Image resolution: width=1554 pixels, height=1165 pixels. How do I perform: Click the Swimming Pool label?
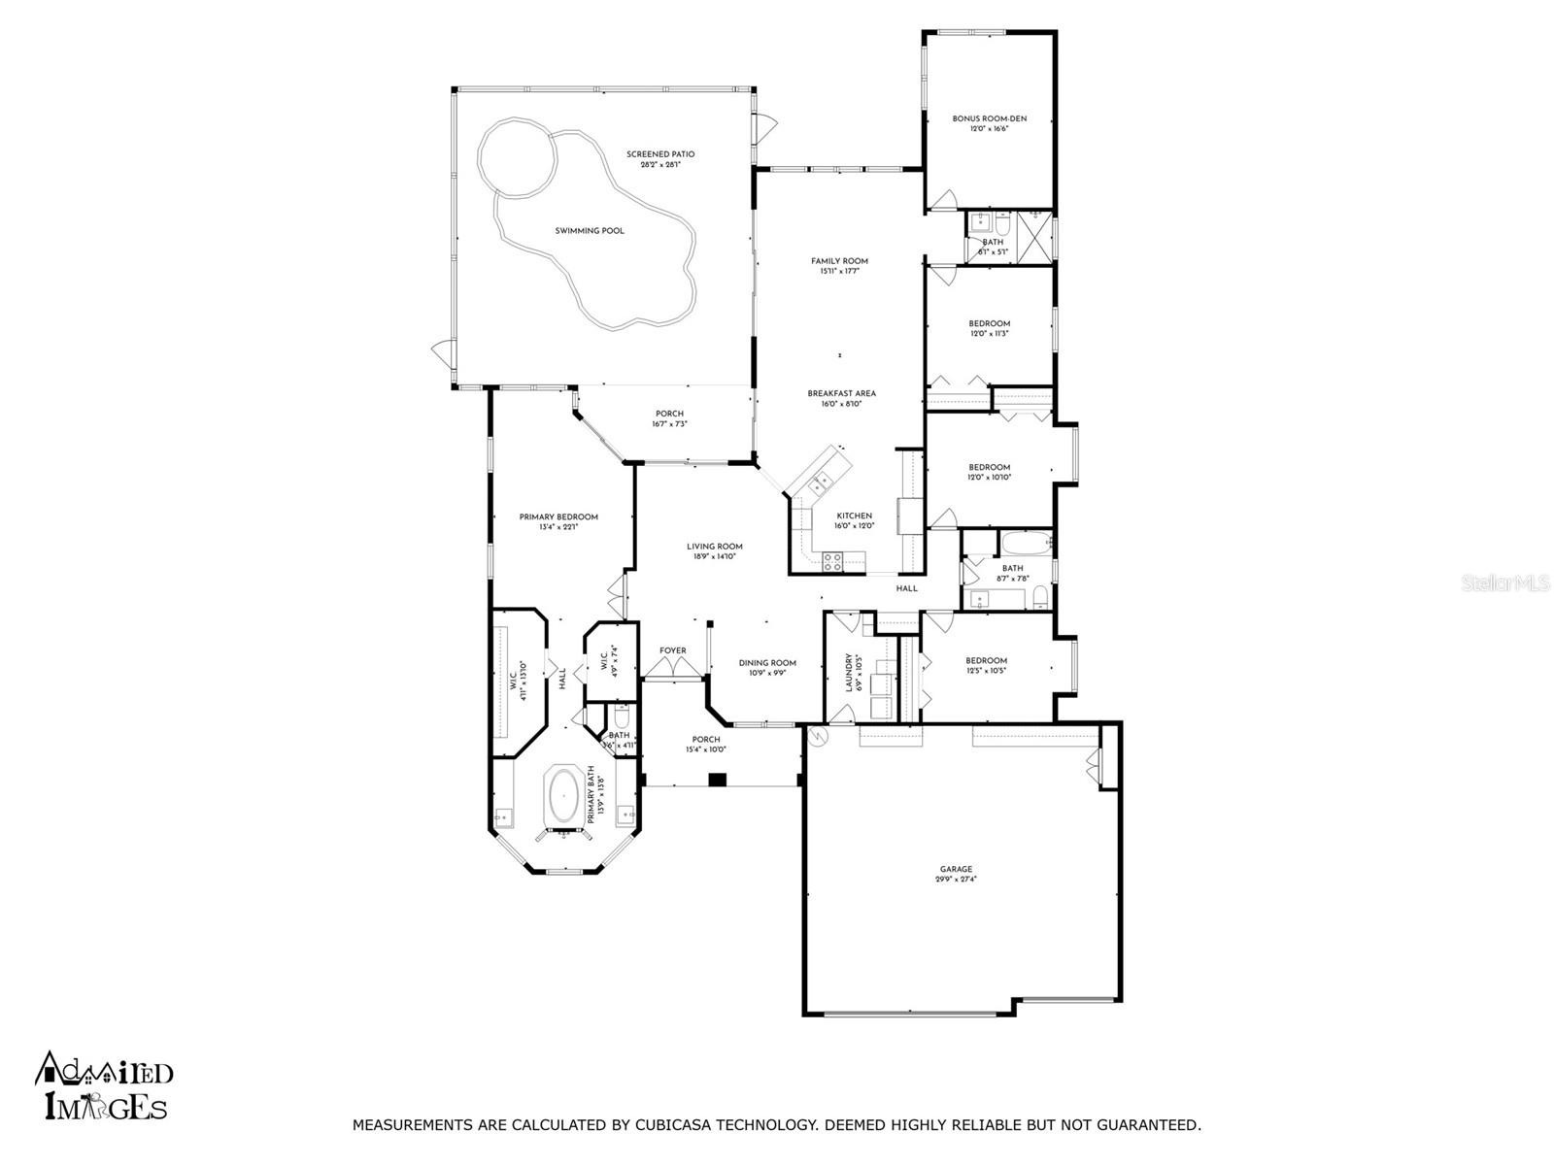point(590,231)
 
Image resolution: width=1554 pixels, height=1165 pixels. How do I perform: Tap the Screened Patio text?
point(660,154)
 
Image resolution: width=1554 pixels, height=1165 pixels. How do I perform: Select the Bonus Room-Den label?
point(989,118)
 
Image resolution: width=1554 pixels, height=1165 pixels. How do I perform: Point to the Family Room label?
point(839,261)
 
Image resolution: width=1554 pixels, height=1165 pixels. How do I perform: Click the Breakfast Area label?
point(841,393)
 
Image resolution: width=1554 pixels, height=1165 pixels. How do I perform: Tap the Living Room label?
point(715,547)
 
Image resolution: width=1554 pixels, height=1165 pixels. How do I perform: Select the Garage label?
point(956,870)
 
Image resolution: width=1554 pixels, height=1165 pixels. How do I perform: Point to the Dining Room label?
point(767,663)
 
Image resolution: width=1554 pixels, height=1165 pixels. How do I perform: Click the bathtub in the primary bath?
point(564,796)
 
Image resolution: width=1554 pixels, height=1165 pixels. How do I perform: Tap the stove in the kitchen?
point(833,559)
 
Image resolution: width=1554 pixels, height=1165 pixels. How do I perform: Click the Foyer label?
point(673,650)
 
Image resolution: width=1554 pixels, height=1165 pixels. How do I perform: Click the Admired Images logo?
point(105,1085)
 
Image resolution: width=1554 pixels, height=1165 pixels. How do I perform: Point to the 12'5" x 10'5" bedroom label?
point(987,661)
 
